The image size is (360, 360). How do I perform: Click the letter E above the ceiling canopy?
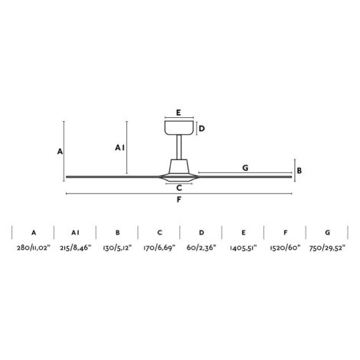(x=178, y=113)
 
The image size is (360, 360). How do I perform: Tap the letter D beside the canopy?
(x=201, y=129)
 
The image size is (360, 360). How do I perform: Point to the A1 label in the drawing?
(x=119, y=148)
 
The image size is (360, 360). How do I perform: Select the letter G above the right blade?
(x=245, y=168)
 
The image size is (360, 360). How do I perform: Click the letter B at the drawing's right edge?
(x=299, y=171)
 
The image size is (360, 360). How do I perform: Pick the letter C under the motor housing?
(x=179, y=188)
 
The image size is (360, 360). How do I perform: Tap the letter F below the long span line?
(x=179, y=199)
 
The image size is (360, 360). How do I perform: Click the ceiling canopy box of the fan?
(x=179, y=128)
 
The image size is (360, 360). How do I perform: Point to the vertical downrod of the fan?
(x=179, y=147)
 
